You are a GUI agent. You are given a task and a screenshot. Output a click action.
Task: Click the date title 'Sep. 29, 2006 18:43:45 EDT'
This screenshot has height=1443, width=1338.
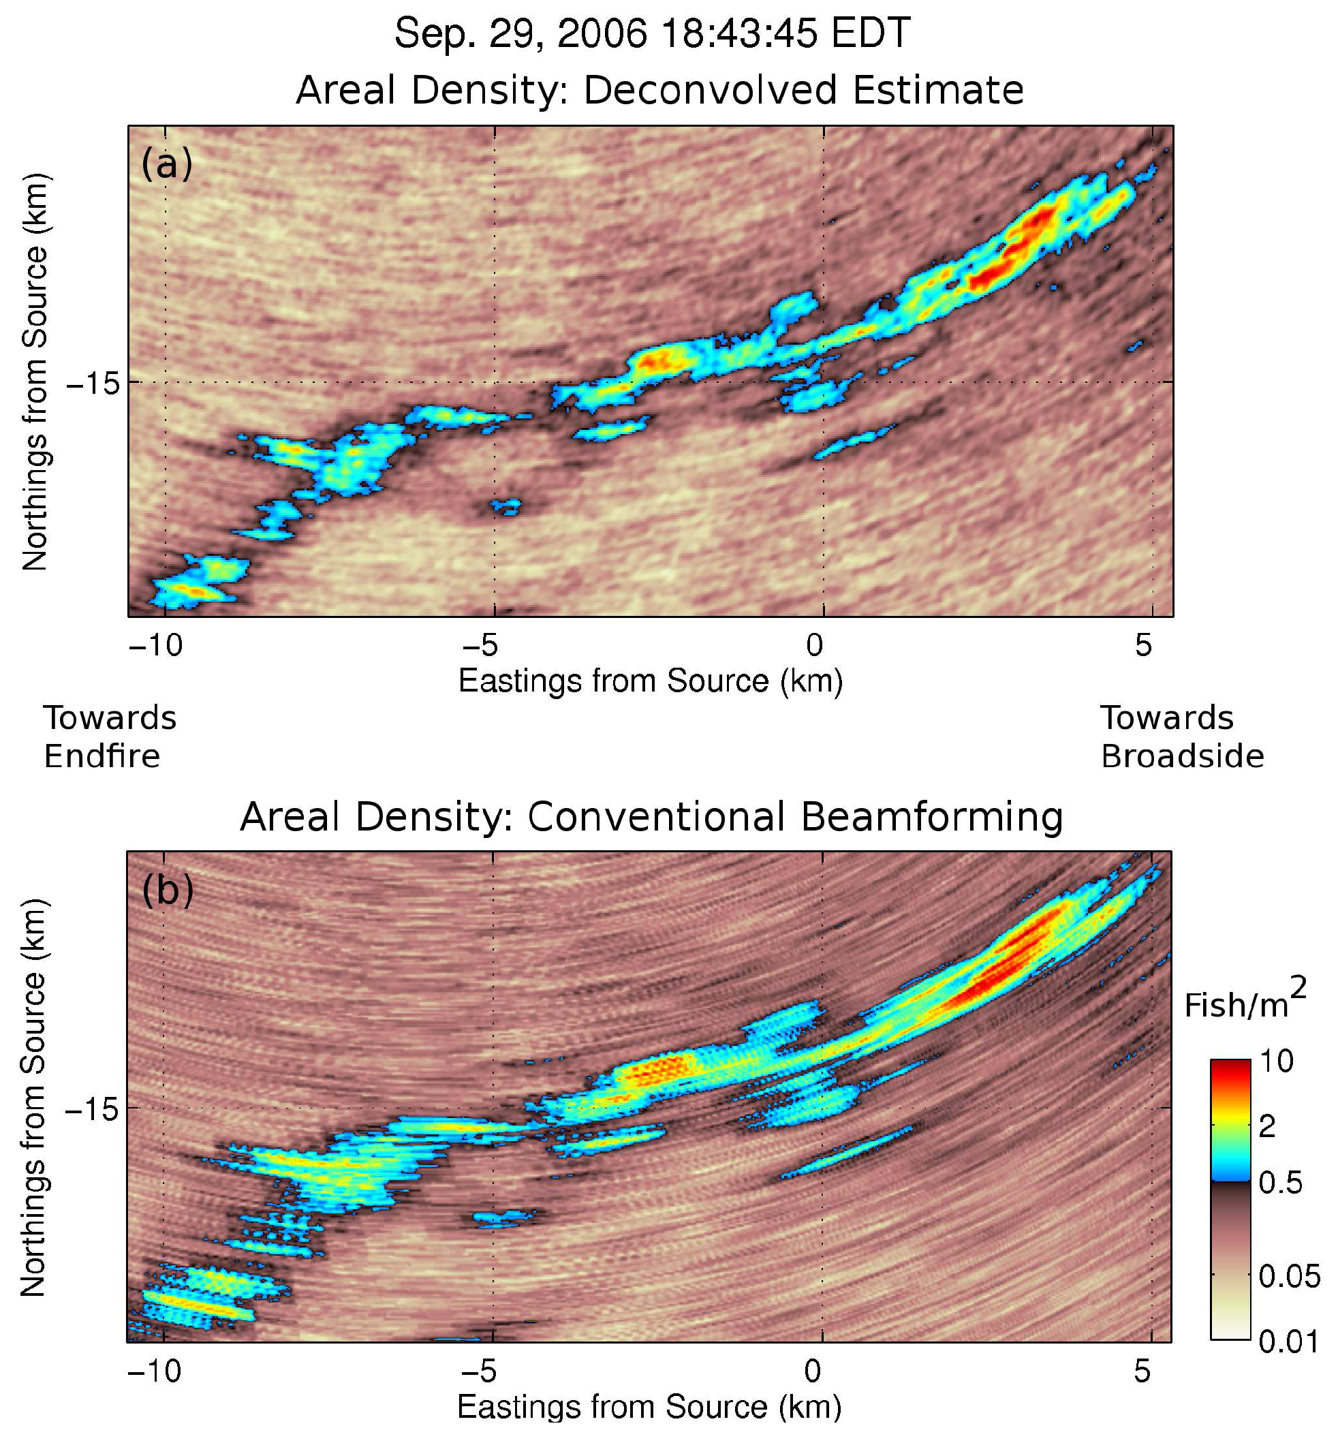(x=651, y=34)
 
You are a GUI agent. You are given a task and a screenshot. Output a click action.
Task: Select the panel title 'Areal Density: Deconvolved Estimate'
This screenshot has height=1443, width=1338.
(x=659, y=91)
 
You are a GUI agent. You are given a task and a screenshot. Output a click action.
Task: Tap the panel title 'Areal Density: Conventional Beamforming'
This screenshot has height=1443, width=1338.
(x=651, y=818)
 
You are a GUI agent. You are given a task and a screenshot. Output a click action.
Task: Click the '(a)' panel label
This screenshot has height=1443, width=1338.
(x=166, y=164)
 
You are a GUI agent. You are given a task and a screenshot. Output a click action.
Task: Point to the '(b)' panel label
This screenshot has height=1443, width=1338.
(x=168, y=890)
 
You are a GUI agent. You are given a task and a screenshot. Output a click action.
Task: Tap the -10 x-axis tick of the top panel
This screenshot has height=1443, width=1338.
(x=155, y=645)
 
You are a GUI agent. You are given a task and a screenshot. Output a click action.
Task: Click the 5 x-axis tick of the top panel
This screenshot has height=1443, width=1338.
(x=1143, y=645)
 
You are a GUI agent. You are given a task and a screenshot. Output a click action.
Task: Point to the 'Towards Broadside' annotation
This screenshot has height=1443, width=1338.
(x=1181, y=737)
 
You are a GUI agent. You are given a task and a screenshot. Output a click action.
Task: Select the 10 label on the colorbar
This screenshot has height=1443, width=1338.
(x=1276, y=1061)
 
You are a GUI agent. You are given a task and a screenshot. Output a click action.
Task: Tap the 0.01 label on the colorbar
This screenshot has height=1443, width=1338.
(x=1288, y=1341)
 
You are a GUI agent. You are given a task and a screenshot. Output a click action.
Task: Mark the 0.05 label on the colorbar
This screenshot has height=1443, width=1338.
(x=1288, y=1277)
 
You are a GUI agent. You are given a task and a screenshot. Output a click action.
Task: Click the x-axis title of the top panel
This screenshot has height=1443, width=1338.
(x=650, y=681)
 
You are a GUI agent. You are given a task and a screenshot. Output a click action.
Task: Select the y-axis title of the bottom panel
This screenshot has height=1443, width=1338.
(x=33, y=1097)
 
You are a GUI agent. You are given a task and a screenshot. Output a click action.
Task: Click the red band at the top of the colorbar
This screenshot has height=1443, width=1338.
(x=1230, y=1072)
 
